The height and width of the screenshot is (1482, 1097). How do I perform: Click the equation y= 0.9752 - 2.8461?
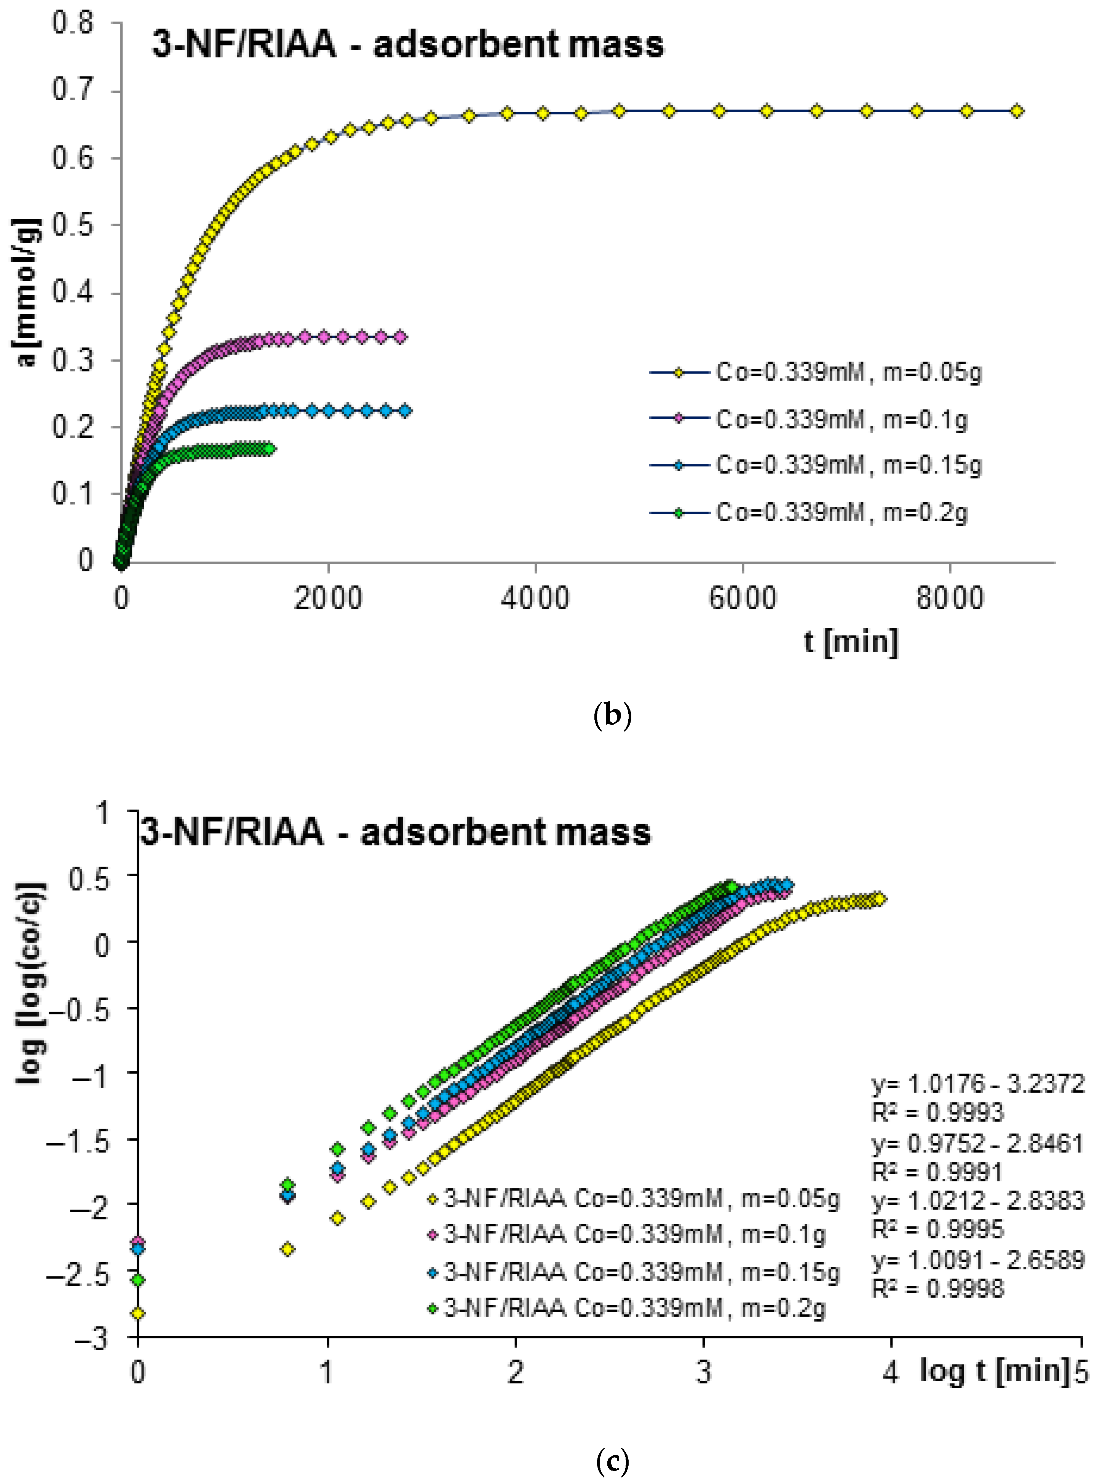977,1143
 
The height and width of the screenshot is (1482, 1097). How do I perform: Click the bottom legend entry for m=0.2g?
634,1307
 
